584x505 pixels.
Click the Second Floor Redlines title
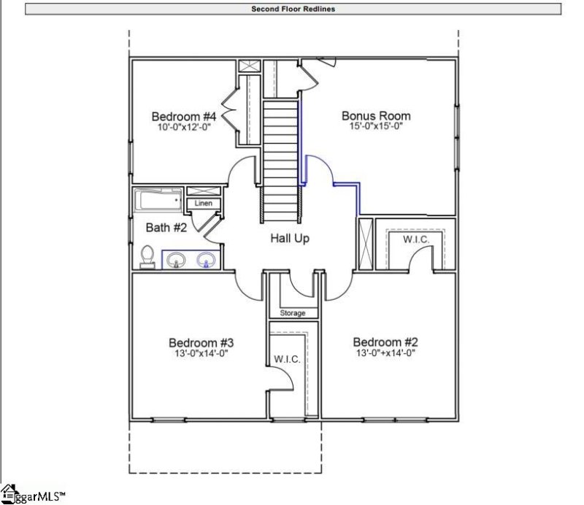pos(293,9)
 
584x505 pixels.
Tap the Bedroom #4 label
pos(184,117)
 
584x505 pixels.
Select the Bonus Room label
pos(376,116)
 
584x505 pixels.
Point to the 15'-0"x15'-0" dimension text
pos(376,126)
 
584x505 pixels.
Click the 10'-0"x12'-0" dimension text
pos(184,127)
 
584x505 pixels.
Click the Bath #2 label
pos(167,228)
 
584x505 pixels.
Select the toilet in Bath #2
pos(147,257)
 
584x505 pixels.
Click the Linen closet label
pos(204,204)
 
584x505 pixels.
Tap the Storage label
pos(293,313)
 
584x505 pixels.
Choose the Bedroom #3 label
pos(201,343)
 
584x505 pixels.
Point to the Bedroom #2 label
pos(385,342)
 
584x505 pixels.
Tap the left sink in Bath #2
pos(176,258)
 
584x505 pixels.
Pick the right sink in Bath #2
pos(207,258)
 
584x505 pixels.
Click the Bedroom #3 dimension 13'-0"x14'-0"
pos(201,353)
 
